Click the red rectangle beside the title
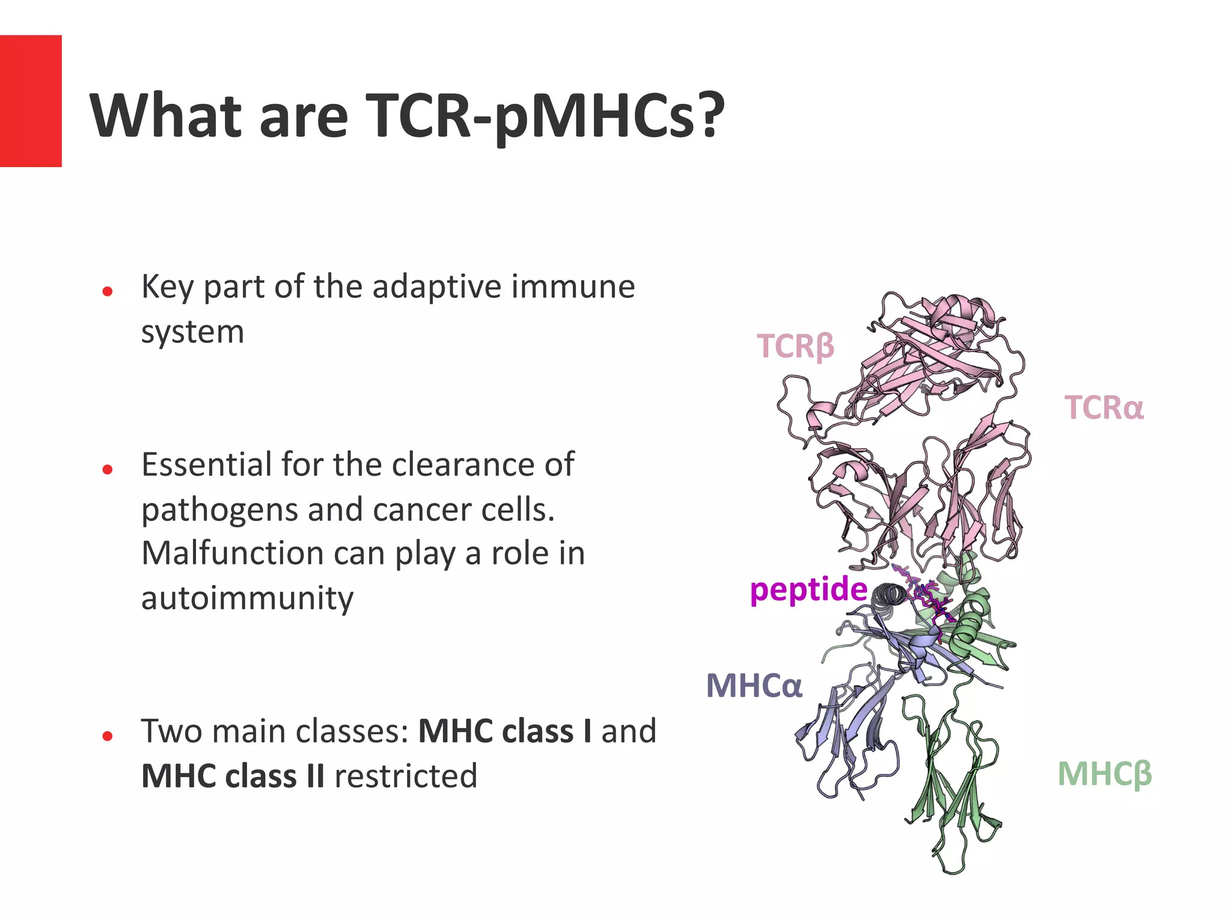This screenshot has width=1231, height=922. tap(31, 101)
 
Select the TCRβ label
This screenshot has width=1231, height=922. tap(795, 347)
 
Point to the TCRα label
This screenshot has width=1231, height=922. tap(1104, 408)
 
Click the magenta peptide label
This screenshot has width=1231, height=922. tap(808, 589)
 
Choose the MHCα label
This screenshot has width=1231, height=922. tap(754, 686)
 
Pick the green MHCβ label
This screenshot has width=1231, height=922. tap(1104, 774)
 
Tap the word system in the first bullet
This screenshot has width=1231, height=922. tap(192, 332)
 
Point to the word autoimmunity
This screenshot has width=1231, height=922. tap(247, 598)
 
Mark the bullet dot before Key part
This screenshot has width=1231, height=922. tap(108, 292)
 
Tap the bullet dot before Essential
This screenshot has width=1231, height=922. tap(108, 470)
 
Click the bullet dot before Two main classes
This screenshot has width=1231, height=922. tap(108, 736)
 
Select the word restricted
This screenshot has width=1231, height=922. tap(406, 776)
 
